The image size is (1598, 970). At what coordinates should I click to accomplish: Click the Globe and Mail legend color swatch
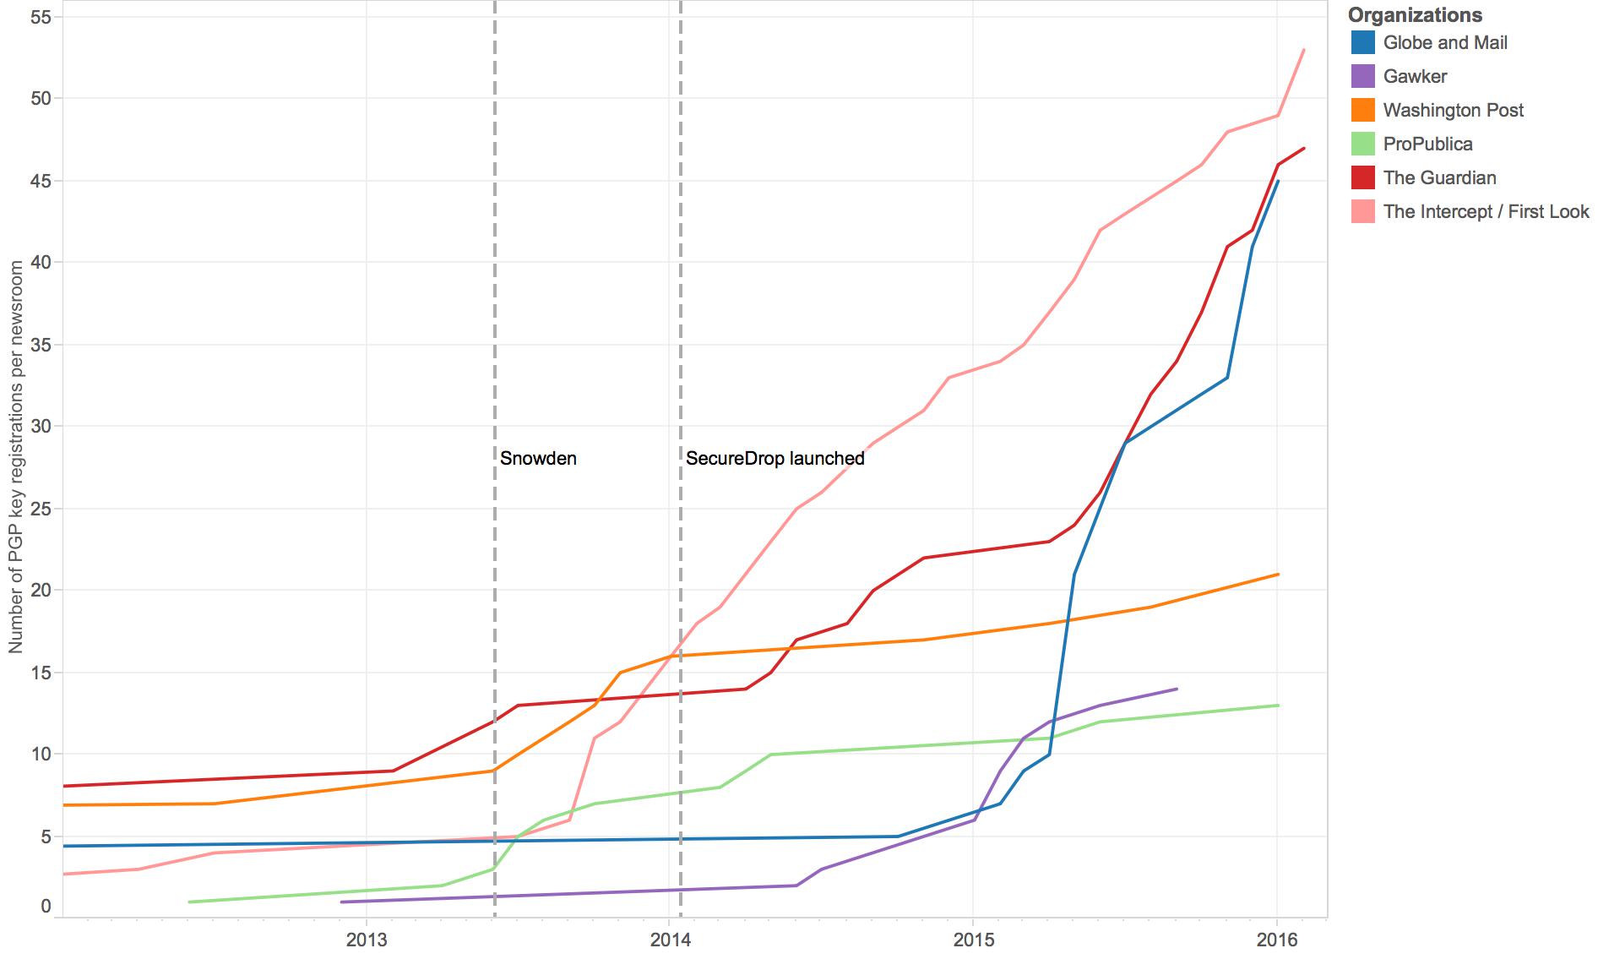coord(1362,42)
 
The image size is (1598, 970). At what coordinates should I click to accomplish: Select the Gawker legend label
coord(1415,76)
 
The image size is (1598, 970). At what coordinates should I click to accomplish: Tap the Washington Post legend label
coord(1453,110)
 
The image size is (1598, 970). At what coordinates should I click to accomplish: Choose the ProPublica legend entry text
coord(1427,144)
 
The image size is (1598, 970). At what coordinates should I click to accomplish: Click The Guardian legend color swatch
coord(1362,177)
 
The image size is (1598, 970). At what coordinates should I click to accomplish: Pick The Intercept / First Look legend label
coord(1486,211)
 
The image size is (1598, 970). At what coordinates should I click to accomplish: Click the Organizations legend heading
coord(1415,15)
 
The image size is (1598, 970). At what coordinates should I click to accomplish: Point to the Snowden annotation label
coord(538,458)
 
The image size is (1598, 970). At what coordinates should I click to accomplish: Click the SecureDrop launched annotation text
coord(775,458)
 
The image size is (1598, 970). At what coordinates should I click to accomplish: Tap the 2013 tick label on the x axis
coord(367,940)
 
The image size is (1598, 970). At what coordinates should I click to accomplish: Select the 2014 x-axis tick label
coord(670,940)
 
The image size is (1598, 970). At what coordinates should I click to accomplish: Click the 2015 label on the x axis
coord(973,940)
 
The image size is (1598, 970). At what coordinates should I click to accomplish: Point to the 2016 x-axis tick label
coord(1276,940)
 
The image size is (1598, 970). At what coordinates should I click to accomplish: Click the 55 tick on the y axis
coord(41,17)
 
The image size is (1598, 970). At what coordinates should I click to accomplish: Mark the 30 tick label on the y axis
coord(41,426)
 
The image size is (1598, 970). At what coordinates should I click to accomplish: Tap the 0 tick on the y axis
coord(46,907)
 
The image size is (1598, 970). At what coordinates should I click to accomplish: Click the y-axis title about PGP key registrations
coord(16,456)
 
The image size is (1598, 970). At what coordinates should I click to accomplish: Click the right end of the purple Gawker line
coord(1177,689)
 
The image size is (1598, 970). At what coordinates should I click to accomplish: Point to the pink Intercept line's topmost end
coord(1304,50)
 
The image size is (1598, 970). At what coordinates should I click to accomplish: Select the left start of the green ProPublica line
coord(189,902)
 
